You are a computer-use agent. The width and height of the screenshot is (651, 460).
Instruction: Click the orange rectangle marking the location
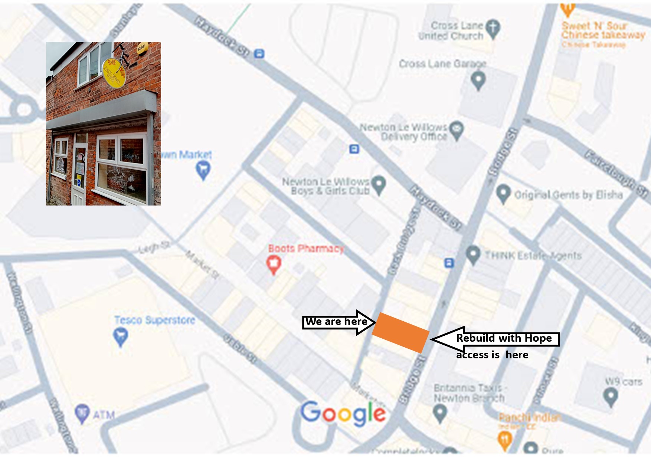(x=400, y=332)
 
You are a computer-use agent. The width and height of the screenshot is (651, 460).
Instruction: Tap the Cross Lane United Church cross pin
(x=493, y=28)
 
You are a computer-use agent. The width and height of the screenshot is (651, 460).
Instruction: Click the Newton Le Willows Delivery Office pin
(x=457, y=130)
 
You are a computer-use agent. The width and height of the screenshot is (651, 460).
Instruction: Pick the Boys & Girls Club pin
(x=379, y=184)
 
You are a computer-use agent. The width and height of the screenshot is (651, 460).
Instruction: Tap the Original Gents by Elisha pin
(x=503, y=194)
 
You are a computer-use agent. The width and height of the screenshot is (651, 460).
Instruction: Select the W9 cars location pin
(x=611, y=396)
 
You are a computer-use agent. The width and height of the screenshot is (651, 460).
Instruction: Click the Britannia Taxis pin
(x=440, y=413)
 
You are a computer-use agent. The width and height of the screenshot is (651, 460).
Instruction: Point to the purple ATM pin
(x=82, y=413)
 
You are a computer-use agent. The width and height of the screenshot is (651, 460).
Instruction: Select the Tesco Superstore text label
(x=154, y=320)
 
